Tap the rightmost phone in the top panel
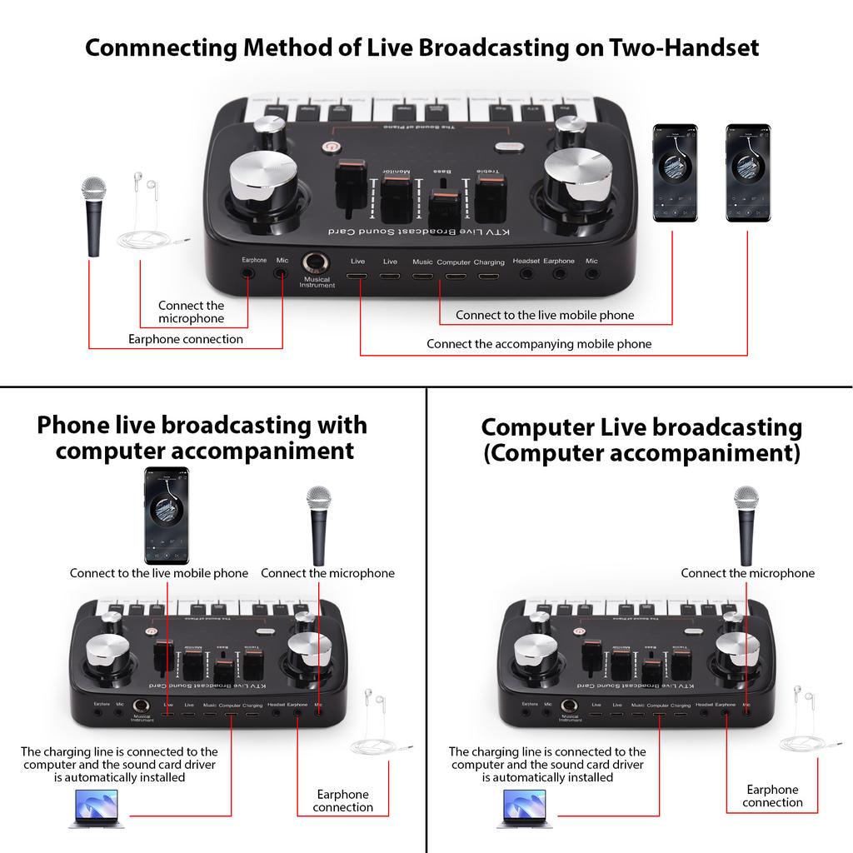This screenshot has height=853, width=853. [x=747, y=173]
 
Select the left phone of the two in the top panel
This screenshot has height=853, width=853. [x=675, y=173]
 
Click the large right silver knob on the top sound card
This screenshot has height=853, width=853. [x=574, y=176]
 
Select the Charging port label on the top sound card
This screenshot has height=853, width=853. [x=489, y=262]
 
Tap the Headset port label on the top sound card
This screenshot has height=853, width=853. [x=526, y=262]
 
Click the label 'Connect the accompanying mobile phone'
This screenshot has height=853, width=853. [x=539, y=343]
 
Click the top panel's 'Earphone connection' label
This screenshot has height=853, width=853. [x=186, y=339]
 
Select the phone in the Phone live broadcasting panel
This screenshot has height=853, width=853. [x=167, y=515]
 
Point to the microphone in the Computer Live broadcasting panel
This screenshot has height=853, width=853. [x=746, y=525]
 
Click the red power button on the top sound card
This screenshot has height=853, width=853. [x=331, y=147]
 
